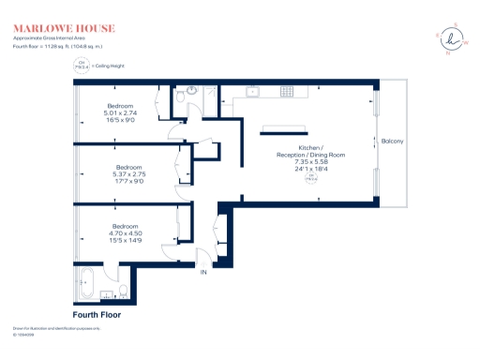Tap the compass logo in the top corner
pyautogui.click(x=456, y=38)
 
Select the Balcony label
pyautogui.click(x=393, y=141)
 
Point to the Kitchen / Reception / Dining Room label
pyautogui.click(x=310, y=152)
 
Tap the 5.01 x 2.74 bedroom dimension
pyautogui.click(x=120, y=113)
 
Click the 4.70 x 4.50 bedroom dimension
pyautogui.click(x=126, y=234)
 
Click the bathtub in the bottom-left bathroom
pyautogui.click(x=90, y=281)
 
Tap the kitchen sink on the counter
pyautogui.click(x=250, y=92)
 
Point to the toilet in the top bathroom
pyautogui.click(x=179, y=97)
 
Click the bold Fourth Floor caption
pyautogui.click(x=97, y=314)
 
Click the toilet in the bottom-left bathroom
pyautogui.click(x=123, y=289)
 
